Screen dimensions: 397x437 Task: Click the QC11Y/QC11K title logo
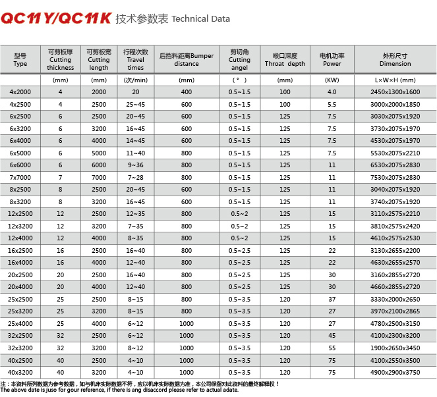56,18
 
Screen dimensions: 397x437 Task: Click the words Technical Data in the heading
200,19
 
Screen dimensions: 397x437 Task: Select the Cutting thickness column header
60,60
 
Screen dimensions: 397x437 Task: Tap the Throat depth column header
285,60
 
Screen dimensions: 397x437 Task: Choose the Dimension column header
395,60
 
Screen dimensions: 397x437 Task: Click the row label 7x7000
20,177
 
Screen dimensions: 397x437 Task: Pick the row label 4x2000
20,92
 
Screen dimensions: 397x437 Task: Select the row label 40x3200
20,373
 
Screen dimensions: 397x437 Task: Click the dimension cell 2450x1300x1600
395,92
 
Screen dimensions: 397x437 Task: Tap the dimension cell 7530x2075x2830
395,177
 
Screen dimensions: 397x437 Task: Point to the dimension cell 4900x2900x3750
395,373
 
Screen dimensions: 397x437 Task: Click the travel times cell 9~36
136,165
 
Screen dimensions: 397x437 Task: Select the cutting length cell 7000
99,177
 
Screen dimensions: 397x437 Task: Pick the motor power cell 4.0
332,92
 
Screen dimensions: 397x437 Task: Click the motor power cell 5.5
332,104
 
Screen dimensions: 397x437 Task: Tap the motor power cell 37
332,300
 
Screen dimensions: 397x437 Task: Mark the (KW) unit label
332,80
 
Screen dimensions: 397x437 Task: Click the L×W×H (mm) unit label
395,80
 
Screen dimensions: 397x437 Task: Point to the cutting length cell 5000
99,153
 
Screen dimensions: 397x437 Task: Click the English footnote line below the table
119,390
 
